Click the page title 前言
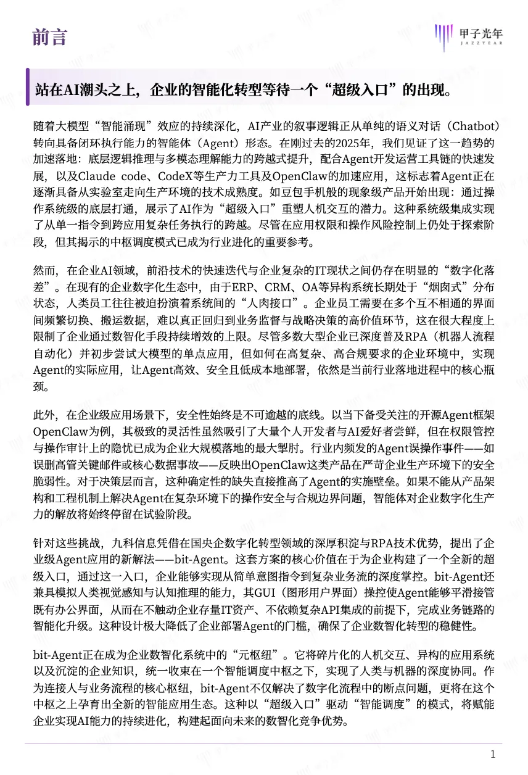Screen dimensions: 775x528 click(x=50, y=37)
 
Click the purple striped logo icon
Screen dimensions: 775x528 click(x=443, y=36)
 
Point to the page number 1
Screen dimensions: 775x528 click(x=493, y=754)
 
